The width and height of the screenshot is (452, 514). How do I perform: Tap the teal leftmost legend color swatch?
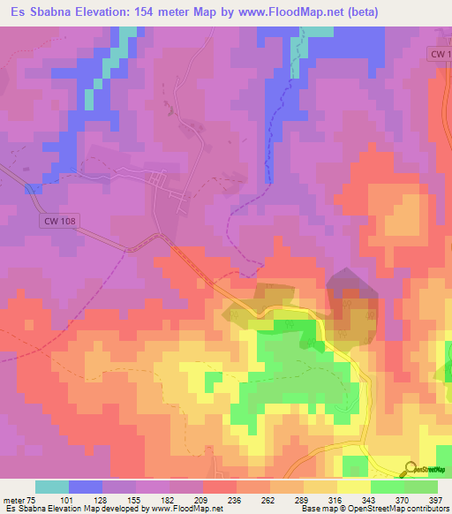pos(52,487)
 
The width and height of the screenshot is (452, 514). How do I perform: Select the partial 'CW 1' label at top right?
pos(440,54)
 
